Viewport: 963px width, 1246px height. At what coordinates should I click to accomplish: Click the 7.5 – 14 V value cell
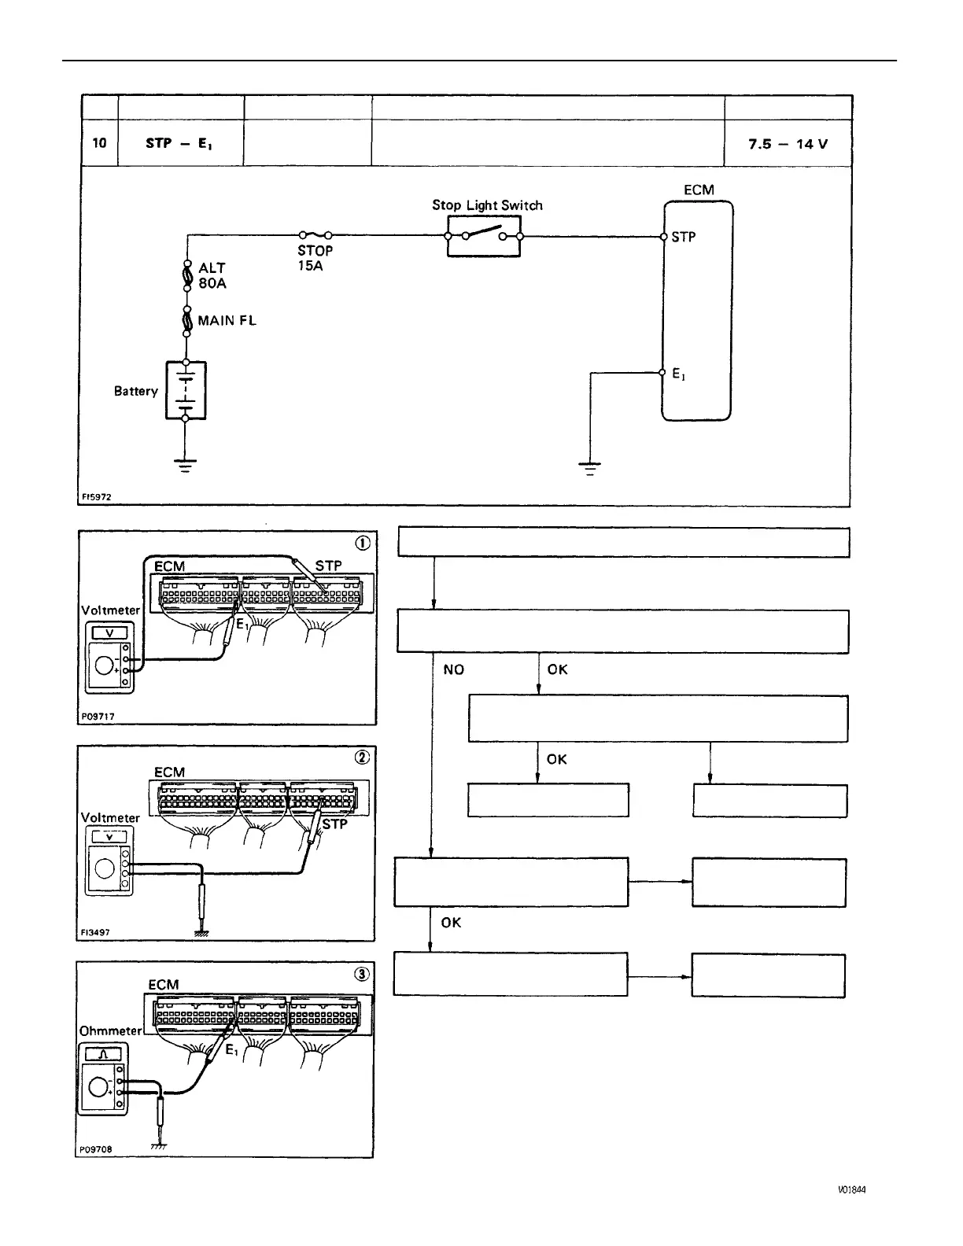tap(788, 144)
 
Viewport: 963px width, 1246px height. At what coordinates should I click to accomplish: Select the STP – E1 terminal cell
tap(180, 144)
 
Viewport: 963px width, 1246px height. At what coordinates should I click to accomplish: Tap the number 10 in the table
tap(99, 144)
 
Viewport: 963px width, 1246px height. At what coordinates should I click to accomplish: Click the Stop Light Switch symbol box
tap(484, 235)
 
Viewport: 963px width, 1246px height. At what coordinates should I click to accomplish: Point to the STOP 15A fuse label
tap(315, 258)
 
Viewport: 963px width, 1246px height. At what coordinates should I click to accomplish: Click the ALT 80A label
tap(212, 275)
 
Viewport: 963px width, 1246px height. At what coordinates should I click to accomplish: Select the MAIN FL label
tap(227, 321)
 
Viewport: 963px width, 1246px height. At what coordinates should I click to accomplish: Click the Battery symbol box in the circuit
tap(186, 391)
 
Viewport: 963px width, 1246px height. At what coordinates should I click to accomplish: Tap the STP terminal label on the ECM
tap(683, 237)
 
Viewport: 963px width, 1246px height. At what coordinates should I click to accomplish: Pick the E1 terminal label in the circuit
tap(678, 374)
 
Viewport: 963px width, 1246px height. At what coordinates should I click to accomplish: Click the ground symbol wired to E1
tap(589, 469)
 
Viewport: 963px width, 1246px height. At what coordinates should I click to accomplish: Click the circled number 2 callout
tap(361, 757)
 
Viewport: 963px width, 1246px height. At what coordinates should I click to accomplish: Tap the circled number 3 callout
tap(361, 974)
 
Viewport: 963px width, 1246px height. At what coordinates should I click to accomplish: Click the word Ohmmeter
tap(110, 1030)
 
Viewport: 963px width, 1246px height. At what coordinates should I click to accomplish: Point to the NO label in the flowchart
tap(454, 669)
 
